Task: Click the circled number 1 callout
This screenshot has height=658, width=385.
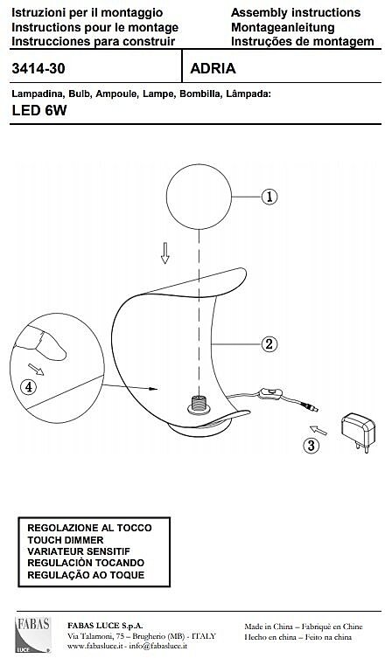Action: coord(269,197)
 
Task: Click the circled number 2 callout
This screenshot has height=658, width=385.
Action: coord(269,344)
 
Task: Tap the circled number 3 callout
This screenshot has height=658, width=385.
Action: coord(311,446)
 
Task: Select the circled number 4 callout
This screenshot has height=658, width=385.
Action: coord(29,387)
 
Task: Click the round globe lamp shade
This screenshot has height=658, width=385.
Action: coord(199,197)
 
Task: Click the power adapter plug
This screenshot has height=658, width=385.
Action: coord(358,433)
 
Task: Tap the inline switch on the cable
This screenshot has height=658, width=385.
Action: coord(269,393)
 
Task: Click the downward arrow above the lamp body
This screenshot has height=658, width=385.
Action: coord(165,253)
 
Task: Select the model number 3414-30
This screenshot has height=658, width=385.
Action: coord(38,68)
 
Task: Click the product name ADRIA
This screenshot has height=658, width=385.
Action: coord(213,68)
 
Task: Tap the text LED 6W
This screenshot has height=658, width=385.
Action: coord(39,111)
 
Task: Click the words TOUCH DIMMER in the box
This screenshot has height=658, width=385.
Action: coord(65,540)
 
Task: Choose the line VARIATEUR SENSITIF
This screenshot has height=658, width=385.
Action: coord(79,551)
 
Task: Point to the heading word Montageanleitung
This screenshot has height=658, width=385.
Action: coord(283,28)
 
